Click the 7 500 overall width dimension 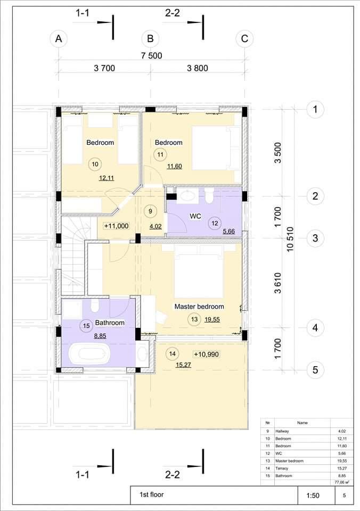click(152, 56)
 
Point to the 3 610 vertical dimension click(277, 283)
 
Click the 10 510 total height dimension click(290, 239)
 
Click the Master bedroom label click(199, 307)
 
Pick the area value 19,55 click(212, 320)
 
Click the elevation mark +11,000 click(117, 226)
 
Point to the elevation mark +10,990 click(207, 355)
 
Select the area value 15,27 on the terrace click(183, 365)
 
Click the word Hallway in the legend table click(282, 431)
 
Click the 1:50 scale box click(313, 496)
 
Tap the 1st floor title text click(152, 494)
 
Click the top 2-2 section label click(173, 13)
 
